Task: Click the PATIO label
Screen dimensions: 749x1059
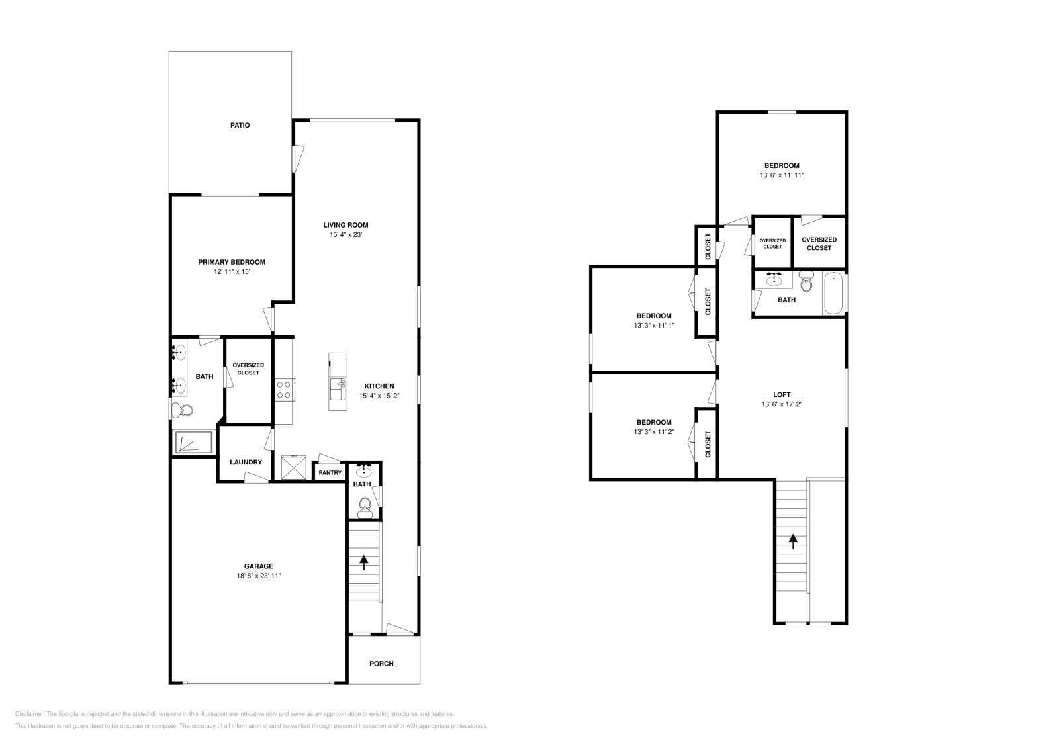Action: pyautogui.click(x=240, y=125)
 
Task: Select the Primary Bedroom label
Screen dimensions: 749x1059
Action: pyautogui.click(x=232, y=262)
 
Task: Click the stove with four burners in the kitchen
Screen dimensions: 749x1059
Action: pyautogui.click(x=285, y=389)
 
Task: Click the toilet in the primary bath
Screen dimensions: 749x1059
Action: pyautogui.click(x=183, y=411)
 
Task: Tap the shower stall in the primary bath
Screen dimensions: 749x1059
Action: pyautogui.click(x=193, y=442)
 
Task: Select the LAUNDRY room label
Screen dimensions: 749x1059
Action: pyautogui.click(x=246, y=462)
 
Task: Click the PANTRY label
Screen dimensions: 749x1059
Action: pyautogui.click(x=330, y=472)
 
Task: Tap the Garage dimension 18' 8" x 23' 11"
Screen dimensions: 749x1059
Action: pyautogui.click(x=258, y=576)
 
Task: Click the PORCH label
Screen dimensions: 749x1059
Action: pyautogui.click(x=381, y=663)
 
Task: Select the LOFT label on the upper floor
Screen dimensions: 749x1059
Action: pyautogui.click(x=782, y=394)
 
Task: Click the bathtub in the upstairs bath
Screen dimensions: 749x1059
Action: pyautogui.click(x=833, y=293)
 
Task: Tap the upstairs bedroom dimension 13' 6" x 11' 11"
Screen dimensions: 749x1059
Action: pyautogui.click(x=782, y=175)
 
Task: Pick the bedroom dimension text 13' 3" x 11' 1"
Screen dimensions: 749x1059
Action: pyautogui.click(x=654, y=326)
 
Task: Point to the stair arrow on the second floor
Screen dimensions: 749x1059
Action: pyautogui.click(x=793, y=541)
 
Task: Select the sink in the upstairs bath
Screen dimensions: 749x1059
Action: pyautogui.click(x=774, y=280)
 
